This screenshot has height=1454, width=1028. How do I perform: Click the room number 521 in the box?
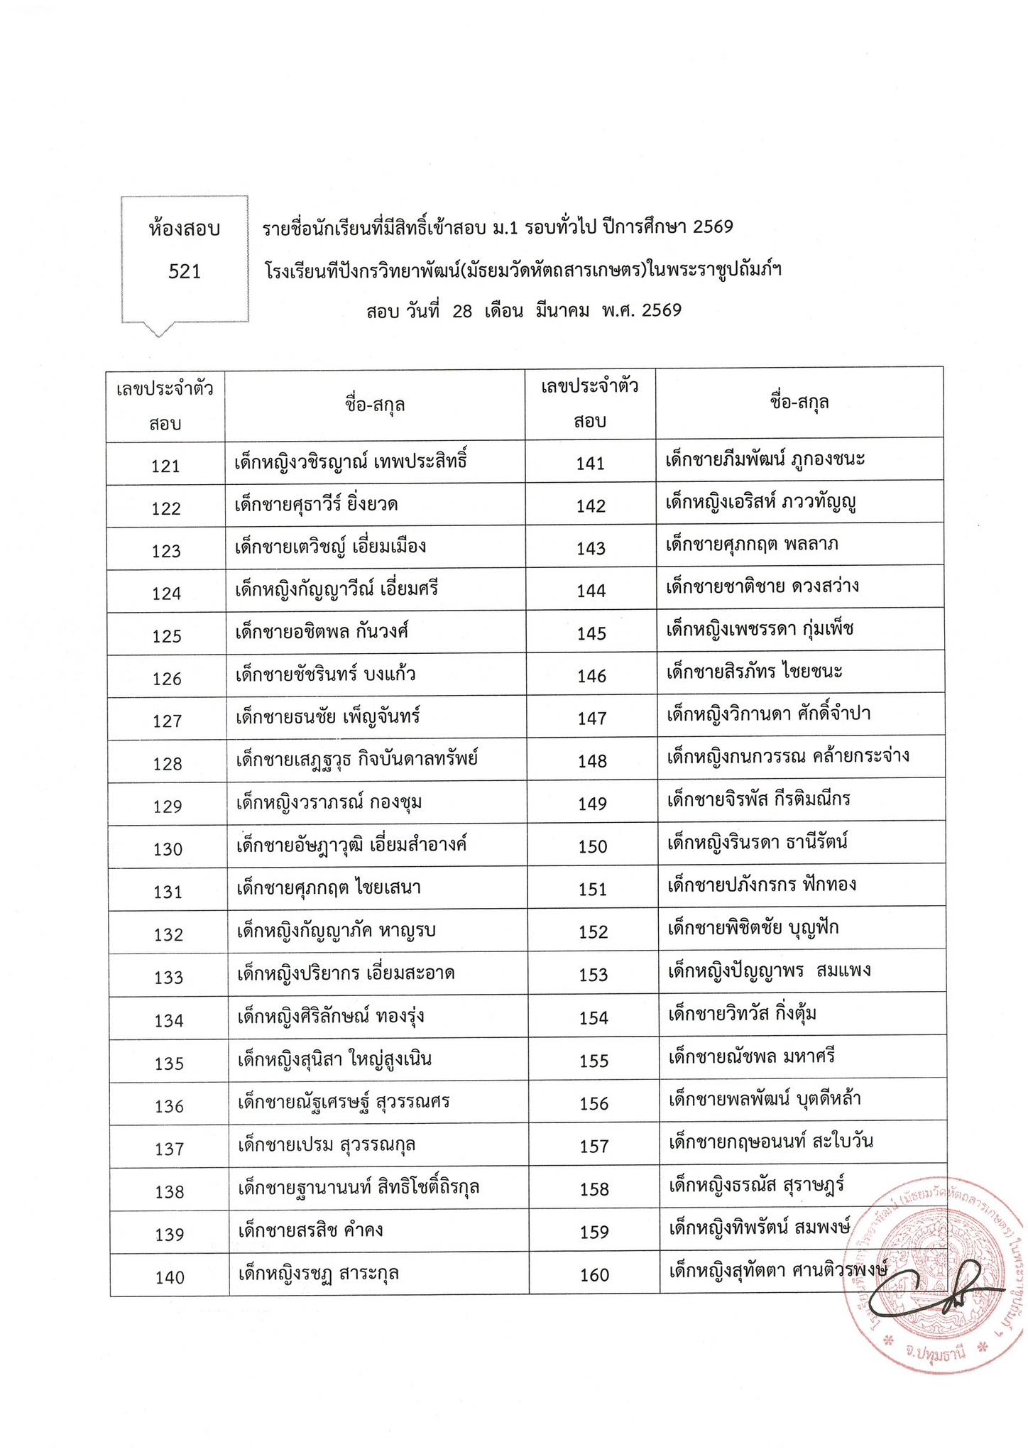click(x=185, y=272)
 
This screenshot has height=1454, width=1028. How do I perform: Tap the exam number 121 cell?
click(x=166, y=466)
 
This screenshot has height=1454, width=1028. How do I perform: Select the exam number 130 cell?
click(x=168, y=849)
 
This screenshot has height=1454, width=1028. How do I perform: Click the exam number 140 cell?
click(x=170, y=1277)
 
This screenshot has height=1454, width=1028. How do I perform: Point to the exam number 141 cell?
click(x=591, y=464)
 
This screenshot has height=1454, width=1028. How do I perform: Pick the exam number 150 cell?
click(x=593, y=846)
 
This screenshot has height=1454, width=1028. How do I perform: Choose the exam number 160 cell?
click(x=595, y=1275)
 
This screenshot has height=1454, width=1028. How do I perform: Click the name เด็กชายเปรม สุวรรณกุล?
click(x=327, y=1145)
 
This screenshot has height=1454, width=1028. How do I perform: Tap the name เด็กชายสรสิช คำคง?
click(x=311, y=1230)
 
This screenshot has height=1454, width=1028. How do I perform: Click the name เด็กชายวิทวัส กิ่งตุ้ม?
click(x=743, y=1014)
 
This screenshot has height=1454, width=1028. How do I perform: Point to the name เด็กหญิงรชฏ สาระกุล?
click(x=318, y=1273)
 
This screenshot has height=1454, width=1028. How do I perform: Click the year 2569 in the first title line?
click(x=713, y=227)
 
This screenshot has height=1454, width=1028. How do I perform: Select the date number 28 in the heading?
click(x=461, y=311)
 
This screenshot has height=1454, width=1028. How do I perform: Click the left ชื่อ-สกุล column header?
click(x=375, y=405)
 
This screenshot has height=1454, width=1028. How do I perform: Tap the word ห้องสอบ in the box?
click(x=185, y=229)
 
